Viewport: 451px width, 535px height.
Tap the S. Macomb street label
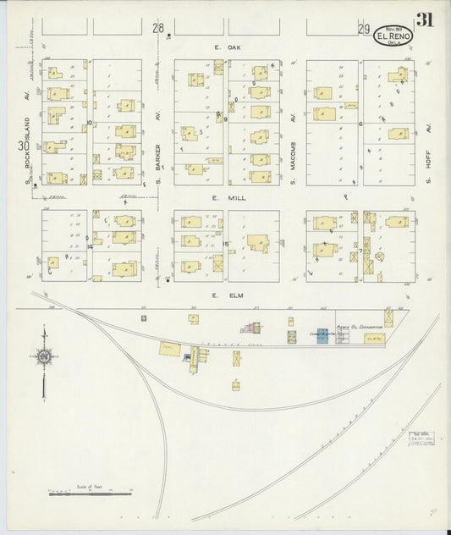293,144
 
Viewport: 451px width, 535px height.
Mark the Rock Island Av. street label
27,151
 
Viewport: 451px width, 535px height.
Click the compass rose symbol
43,358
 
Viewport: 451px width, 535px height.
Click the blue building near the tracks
322,335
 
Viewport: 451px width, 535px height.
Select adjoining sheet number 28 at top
157,28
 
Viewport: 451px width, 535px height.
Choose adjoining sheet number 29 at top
363,30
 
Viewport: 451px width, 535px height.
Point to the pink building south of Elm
252,328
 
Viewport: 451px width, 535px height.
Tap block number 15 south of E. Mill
226,245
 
